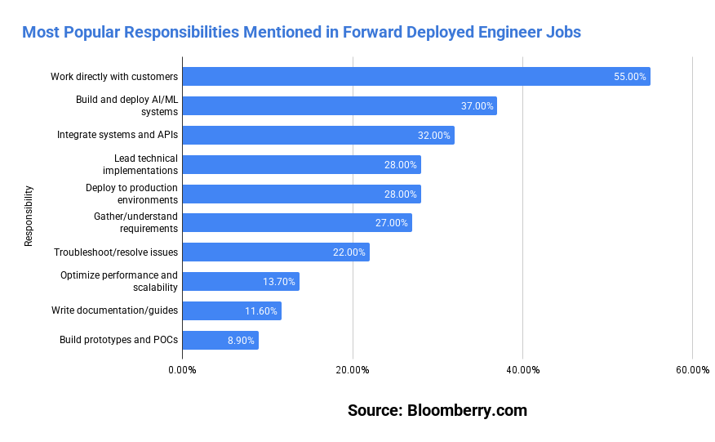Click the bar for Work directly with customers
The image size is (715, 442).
[415, 77]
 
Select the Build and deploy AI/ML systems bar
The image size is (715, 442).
[339, 106]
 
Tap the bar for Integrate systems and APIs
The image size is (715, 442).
[318, 136]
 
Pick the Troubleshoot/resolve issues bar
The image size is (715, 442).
[275, 252]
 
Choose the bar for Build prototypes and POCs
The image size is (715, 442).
[220, 340]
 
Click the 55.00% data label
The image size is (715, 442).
[630, 77]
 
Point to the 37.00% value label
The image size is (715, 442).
[477, 106]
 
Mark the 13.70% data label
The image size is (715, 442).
[279, 282]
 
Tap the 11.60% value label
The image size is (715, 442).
[261, 311]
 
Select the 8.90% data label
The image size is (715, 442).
[241, 341]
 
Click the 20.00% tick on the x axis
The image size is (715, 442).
[353, 370]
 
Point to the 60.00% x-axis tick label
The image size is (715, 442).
[692, 370]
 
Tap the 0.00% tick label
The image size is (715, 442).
[182, 370]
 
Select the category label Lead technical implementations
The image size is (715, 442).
[140, 164]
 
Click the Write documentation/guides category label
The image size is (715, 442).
[114, 310]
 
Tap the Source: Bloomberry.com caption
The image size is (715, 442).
[437, 410]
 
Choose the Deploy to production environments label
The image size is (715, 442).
[131, 194]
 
